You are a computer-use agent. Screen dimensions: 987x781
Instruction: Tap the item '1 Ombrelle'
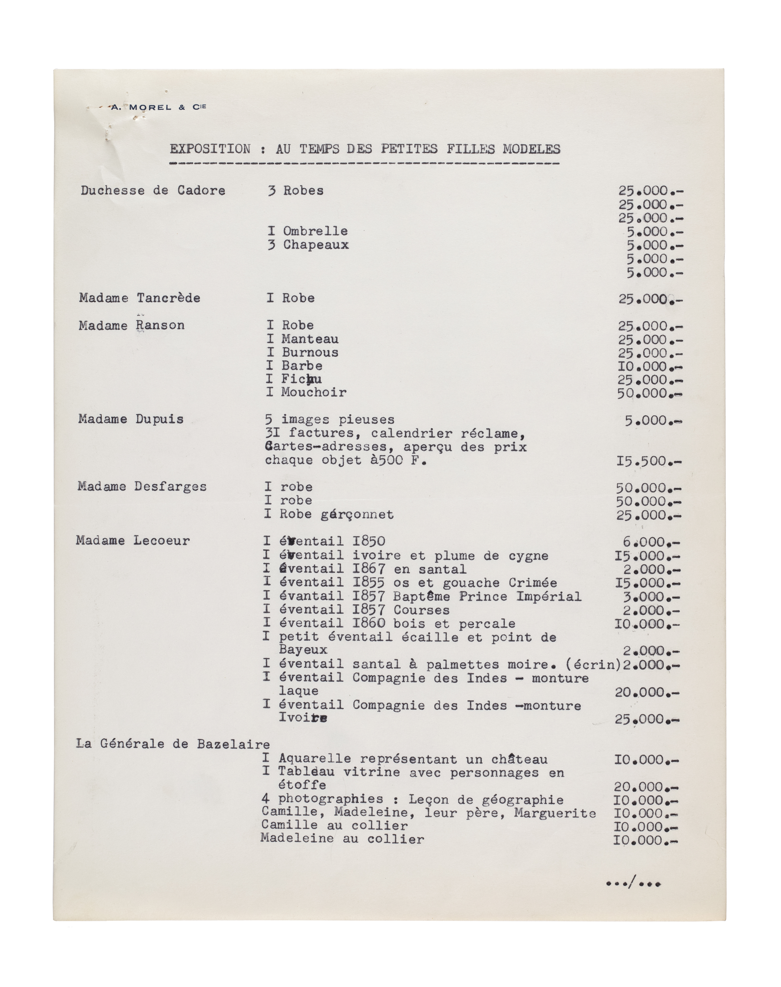coord(308,231)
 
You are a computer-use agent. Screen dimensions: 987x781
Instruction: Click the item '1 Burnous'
coord(303,352)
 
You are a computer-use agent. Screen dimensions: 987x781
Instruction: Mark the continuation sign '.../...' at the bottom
coord(633,884)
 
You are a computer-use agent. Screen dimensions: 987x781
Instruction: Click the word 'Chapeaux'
coord(316,245)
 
